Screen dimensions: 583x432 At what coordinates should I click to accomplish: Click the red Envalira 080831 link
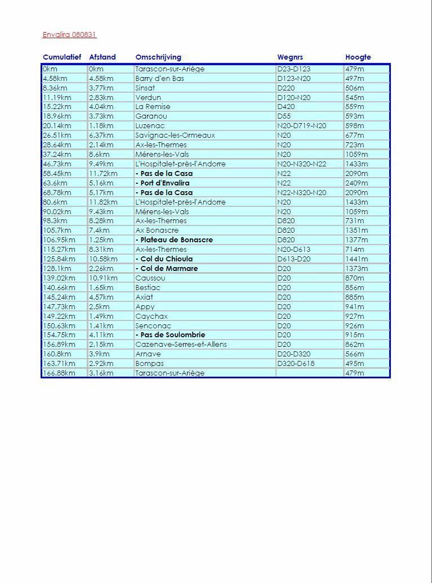tap(69, 35)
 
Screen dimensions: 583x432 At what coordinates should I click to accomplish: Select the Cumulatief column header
tap(62, 57)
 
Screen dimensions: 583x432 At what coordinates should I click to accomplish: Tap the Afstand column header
tap(102, 57)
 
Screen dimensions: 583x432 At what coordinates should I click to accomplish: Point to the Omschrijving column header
tap(158, 57)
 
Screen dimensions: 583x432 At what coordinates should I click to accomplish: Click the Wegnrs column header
tap(290, 57)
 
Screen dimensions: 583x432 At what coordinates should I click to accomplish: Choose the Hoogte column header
tap(358, 57)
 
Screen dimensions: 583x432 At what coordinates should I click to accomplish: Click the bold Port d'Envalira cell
tap(163, 183)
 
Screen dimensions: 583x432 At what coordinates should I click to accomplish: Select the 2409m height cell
tap(357, 183)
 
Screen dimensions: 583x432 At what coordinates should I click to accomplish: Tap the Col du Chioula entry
tap(164, 259)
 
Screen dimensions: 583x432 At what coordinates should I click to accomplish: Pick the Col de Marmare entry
tap(167, 269)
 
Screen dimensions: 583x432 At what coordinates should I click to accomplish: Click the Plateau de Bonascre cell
tap(175, 240)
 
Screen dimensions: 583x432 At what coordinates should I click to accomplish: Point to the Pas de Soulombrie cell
tap(171, 335)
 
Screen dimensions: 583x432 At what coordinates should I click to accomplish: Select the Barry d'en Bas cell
tap(159, 79)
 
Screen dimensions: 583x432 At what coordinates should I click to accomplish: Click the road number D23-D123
tap(293, 69)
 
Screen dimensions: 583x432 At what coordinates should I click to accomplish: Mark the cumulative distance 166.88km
tap(59, 373)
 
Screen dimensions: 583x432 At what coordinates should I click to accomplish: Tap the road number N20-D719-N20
tap(301, 126)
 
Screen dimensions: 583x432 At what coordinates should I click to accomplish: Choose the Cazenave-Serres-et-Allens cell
tap(181, 345)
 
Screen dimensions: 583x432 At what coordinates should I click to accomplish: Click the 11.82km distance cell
tap(103, 202)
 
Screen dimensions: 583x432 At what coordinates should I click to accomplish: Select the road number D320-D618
tap(296, 364)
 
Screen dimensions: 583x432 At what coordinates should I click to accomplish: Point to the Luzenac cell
tap(149, 126)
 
